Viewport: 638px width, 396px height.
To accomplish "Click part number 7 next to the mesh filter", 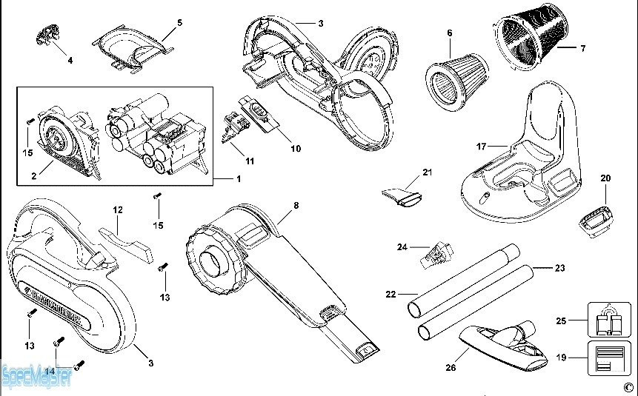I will pos(582,49).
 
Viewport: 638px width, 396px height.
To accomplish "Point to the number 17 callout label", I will pos(481,147).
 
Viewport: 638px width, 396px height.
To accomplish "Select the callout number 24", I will pos(402,246).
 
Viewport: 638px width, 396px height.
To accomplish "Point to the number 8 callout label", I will pos(296,206).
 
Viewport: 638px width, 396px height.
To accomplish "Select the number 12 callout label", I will pos(118,210).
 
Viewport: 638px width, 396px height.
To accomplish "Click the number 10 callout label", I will pos(295,149).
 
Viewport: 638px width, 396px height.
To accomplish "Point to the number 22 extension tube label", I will pos(391,295).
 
